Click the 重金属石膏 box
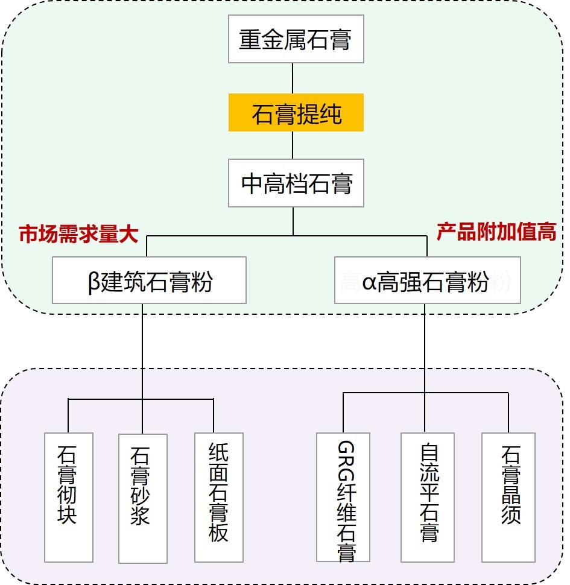click(296, 41)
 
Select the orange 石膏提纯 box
click(296, 113)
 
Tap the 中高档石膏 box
click(296, 183)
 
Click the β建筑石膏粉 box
click(149, 280)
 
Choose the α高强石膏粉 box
click(427, 280)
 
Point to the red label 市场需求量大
click(78, 235)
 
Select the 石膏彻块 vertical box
click(68, 496)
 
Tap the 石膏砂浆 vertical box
click(142, 498)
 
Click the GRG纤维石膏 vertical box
click(346, 498)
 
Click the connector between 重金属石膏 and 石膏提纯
click(293, 78)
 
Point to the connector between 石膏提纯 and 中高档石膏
click(293, 145)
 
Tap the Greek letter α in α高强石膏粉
click(369, 282)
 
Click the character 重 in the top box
click(250, 41)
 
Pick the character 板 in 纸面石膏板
click(218, 531)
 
